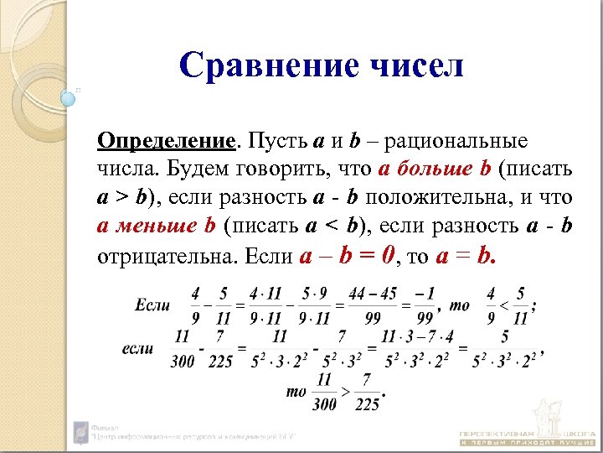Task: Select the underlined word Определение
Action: pyautogui.click(x=166, y=139)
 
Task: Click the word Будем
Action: pyautogui.click(x=198, y=169)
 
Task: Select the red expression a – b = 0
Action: pyautogui.click(x=345, y=255)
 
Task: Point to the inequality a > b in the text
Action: pyautogui.click(x=121, y=198)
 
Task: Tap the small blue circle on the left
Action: pyautogui.click(x=69, y=98)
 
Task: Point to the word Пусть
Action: pyautogui.click(x=279, y=139)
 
